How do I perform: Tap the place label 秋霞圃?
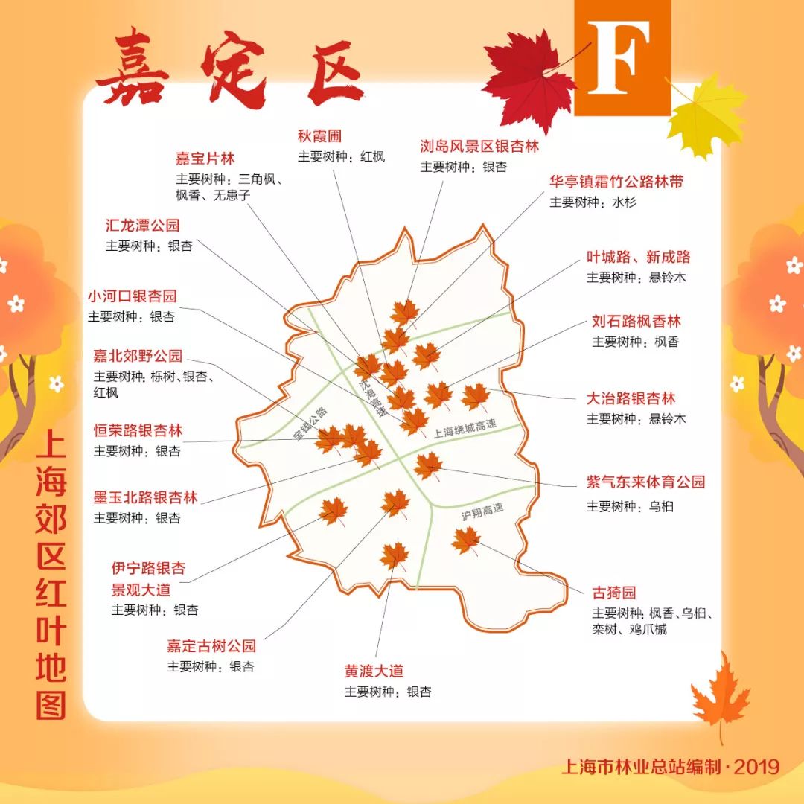click(319, 136)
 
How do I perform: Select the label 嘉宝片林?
click(205, 159)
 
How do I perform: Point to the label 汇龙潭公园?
click(143, 226)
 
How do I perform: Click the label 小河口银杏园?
click(133, 296)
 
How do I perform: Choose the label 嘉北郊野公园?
click(138, 356)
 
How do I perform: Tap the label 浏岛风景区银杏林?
click(479, 146)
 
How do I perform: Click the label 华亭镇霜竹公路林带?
click(616, 182)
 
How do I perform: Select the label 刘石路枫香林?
click(636, 322)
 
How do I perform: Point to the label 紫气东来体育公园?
click(645, 482)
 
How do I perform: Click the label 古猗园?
click(614, 593)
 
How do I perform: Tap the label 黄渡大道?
click(374, 671)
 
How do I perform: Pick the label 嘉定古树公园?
click(211, 645)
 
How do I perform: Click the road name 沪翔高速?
click(482, 512)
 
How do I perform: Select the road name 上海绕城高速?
click(465, 429)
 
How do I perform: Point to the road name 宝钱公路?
click(310, 422)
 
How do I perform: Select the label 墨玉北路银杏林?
click(145, 497)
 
